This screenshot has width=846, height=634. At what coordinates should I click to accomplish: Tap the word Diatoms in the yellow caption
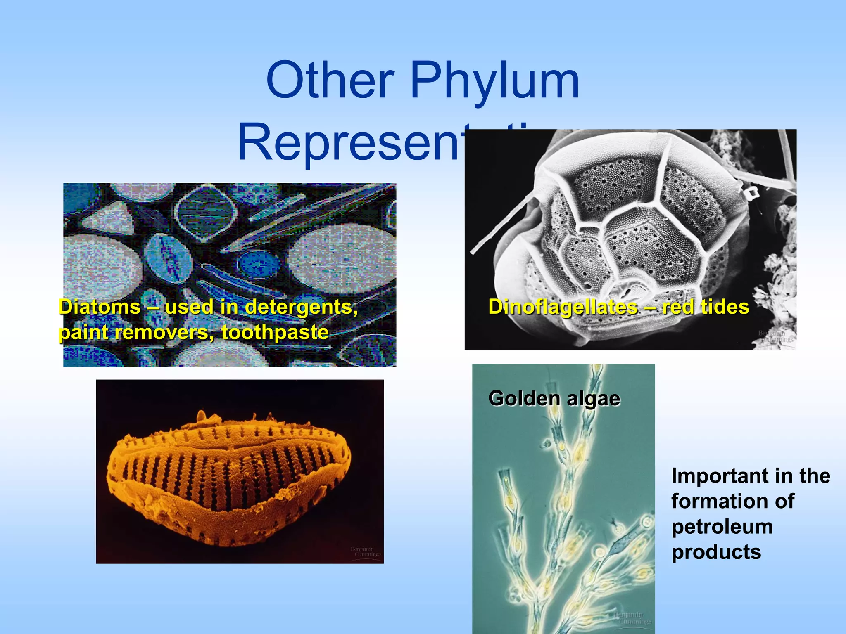click(x=100, y=308)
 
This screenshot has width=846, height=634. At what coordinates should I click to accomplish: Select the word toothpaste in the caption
click(x=275, y=333)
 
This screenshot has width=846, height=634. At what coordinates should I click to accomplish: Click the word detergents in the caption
click(x=301, y=308)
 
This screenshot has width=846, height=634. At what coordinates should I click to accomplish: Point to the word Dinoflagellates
click(x=563, y=308)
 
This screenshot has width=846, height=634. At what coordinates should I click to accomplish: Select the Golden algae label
click(x=554, y=399)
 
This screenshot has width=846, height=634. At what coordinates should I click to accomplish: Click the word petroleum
click(x=722, y=527)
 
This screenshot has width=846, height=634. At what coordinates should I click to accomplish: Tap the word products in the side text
click(x=716, y=552)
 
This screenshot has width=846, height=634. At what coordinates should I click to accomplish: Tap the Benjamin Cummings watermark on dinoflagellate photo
click(x=775, y=336)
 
